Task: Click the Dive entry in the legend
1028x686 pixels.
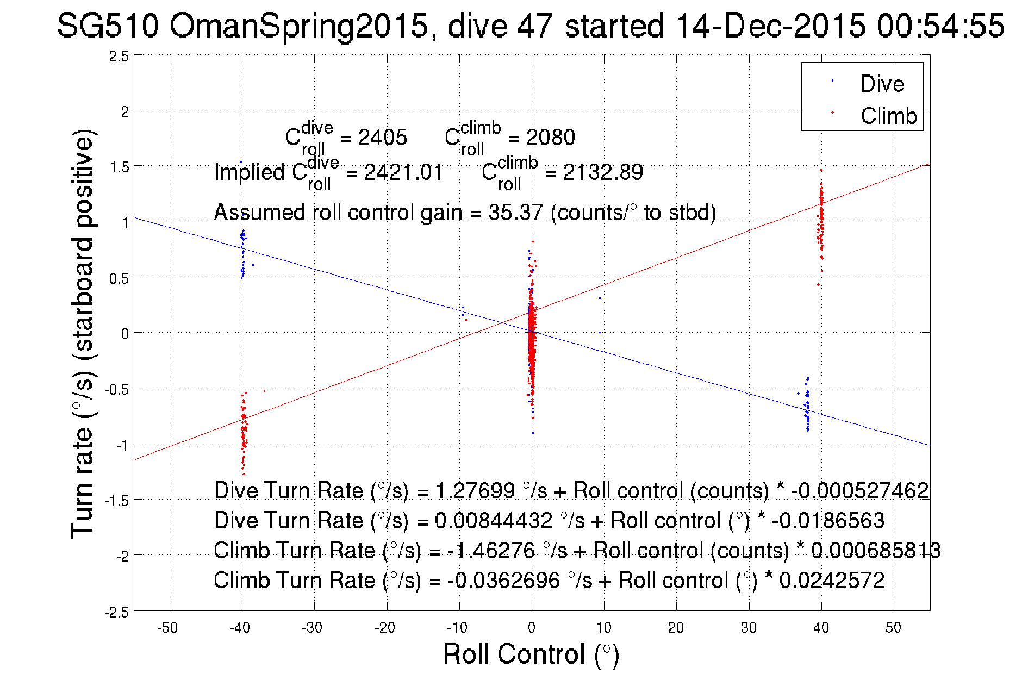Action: (x=882, y=84)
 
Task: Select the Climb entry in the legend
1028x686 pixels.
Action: (x=888, y=116)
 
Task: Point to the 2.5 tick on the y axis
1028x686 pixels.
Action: (x=119, y=57)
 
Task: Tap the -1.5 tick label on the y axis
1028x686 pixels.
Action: (x=117, y=501)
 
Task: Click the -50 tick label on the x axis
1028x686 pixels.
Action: (x=167, y=628)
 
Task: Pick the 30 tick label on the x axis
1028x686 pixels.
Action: (x=749, y=628)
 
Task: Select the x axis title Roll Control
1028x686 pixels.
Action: (x=531, y=654)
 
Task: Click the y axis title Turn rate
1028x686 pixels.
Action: (x=83, y=334)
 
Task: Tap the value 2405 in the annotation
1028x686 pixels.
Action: (x=382, y=138)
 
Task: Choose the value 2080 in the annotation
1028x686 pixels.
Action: (x=550, y=138)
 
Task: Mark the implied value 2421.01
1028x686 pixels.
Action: (x=403, y=172)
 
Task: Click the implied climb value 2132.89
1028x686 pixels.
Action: (x=602, y=172)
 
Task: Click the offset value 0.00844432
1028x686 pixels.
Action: (x=493, y=521)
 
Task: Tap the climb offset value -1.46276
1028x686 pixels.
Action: (x=491, y=551)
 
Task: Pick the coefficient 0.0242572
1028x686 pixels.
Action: (x=832, y=581)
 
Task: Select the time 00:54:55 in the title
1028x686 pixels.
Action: (x=940, y=26)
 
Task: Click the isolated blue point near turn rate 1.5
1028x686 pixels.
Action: (x=241, y=161)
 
